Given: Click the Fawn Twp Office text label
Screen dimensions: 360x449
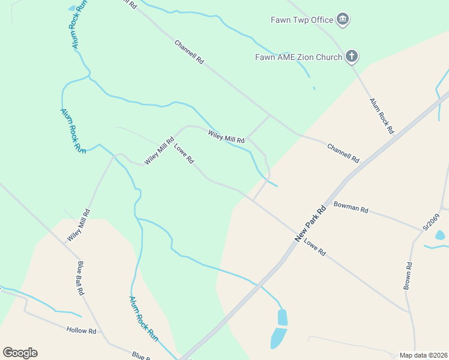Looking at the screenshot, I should tap(301, 20).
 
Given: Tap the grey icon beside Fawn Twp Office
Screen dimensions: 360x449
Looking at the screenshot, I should tap(343, 20).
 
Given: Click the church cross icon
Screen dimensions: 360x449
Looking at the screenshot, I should tap(352, 57).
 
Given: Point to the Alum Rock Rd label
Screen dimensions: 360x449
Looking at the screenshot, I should tap(381, 115).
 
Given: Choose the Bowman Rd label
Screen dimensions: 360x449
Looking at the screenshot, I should tap(351, 208).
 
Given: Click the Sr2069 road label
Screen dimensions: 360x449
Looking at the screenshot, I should tap(432, 221).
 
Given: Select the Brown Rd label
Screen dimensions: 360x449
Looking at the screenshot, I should tap(408, 276).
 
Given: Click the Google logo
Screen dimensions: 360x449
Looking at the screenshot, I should tap(20, 353).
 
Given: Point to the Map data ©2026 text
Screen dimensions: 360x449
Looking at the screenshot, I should tap(423, 355).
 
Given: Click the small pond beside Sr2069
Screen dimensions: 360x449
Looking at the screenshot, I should tap(440, 235).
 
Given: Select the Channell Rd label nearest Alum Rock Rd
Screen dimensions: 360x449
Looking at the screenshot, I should tap(343, 153).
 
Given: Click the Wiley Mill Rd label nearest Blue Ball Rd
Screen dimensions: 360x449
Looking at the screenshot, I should tap(79, 224).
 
